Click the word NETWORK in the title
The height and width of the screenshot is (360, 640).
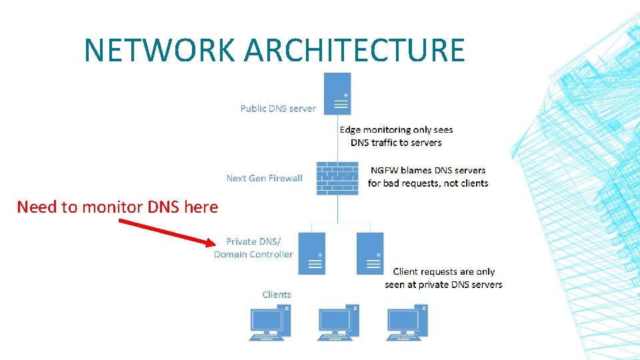(x=159, y=51)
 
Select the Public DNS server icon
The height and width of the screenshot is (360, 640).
(x=337, y=93)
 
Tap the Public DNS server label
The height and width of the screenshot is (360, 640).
(x=278, y=108)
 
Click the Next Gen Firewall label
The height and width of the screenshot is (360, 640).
(x=264, y=178)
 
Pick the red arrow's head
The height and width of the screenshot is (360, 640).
(x=211, y=241)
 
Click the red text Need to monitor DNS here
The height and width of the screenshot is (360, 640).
(x=117, y=207)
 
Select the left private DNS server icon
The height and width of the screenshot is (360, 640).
(x=311, y=253)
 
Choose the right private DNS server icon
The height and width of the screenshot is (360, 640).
(x=370, y=253)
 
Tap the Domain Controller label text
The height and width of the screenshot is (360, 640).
(x=253, y=254)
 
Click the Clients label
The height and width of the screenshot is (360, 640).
(x=277, y=295)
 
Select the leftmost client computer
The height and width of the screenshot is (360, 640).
(x=269, y=323)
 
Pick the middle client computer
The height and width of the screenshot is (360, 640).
(x=338, y=323)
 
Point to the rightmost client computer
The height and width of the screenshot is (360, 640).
(x=407, y=323)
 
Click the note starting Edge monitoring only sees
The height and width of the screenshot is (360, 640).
(x=396, y=136)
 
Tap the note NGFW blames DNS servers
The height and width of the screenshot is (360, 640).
(x=428, y=177)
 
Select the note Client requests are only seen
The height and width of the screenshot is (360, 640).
(x=443, y=278)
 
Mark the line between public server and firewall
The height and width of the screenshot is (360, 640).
(x=337, y=137)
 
